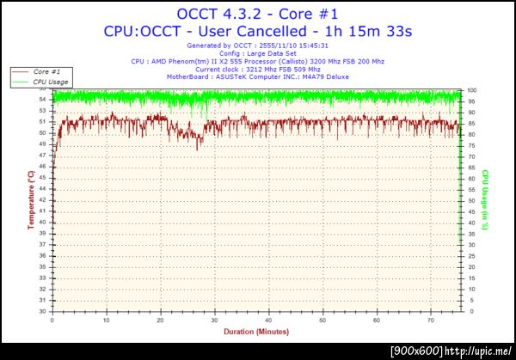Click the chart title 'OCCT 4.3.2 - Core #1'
click(258, 13)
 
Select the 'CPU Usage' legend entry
click(52, 82)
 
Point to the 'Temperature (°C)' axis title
click(31, 200)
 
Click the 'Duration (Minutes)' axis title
click(255, 331)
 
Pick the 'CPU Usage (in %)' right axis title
click(485, 200)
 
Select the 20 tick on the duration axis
click(160, 319)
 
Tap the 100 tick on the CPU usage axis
click(473, 90)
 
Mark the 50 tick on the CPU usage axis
click(471, 201)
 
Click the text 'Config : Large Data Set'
click(258, 53)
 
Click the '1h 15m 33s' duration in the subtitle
click(365, 31)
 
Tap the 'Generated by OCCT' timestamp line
click(258, 46)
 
